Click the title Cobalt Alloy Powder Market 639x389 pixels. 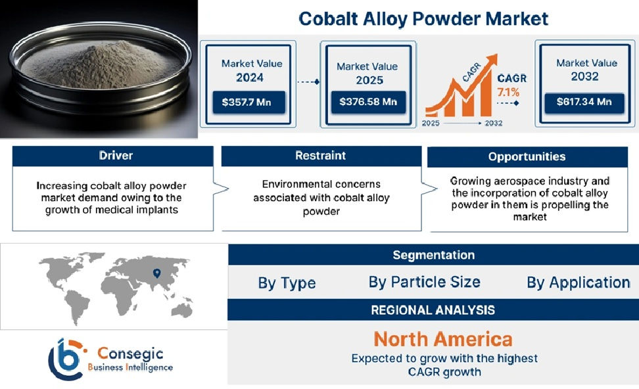423,18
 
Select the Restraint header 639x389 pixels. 321,156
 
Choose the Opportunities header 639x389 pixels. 527,156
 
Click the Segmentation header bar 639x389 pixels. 433,255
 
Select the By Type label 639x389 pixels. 287,283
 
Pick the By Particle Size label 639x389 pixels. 424,283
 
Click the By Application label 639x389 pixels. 578,283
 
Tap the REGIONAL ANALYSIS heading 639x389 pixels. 433,309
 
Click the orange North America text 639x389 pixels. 443,339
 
